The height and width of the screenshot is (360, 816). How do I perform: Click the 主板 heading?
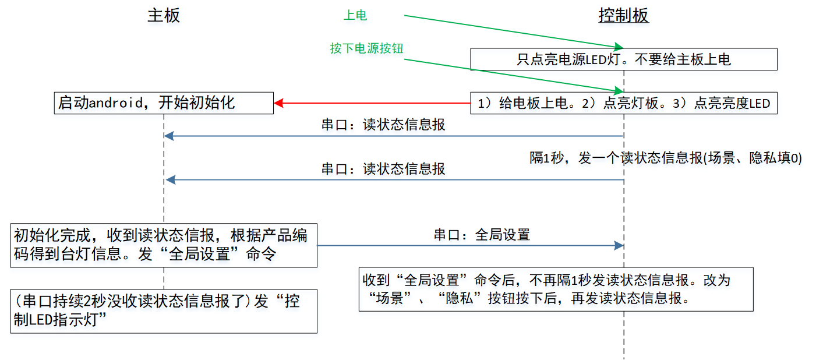(x=164, y=16)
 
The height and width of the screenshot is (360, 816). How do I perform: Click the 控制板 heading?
(x=624, y=16)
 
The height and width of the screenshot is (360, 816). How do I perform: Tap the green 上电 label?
(x=355, y=15)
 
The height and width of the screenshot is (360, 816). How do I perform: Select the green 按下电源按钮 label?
(x=366, y=48)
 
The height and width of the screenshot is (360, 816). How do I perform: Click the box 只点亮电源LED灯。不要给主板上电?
(x=624, y=59)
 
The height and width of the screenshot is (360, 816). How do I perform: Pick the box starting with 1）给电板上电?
(x=624, y=103)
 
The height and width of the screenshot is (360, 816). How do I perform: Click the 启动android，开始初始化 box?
(x=164, y=103)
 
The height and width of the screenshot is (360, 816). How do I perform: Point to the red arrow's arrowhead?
(x=278, y=103)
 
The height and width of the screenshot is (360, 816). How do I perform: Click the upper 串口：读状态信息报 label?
(x=383, y=125)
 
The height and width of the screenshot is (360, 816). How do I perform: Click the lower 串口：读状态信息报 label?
(x=383, y=169)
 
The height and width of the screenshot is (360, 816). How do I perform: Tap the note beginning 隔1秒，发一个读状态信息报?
(x=666, y=158)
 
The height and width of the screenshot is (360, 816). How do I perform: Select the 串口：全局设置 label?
(x=482, y=235)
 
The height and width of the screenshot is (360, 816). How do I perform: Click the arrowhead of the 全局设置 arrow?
(x=619, y=246)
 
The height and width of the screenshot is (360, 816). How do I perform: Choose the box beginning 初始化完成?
(x=164, y=245)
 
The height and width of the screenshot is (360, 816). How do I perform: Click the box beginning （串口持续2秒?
(x=164, y=311)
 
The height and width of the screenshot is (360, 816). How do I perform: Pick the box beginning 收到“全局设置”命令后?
(x=556, y=290)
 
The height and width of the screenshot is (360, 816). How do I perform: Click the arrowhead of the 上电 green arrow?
(x=619, y=47)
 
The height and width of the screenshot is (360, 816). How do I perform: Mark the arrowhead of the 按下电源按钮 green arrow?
(x=619, y=90)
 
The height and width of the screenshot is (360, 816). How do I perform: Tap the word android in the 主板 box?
(x=116, y=103)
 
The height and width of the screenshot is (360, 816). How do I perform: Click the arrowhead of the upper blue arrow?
(x=169, y=136)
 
